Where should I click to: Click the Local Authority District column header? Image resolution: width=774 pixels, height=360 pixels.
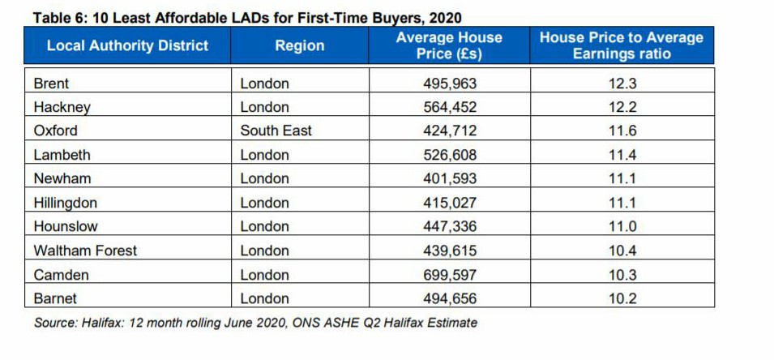[x=127, y=46]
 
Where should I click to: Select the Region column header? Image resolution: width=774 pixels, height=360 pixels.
[x=299, y=46]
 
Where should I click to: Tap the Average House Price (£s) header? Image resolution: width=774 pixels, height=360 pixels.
[x=449, y=46]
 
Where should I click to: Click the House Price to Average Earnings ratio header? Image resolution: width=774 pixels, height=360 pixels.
[x=622, y=46]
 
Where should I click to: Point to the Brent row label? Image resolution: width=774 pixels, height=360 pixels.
[x=51, y=84]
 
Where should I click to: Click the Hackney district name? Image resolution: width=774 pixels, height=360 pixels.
[x=62, y=107]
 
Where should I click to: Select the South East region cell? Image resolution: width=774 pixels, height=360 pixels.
[x=276, y=131]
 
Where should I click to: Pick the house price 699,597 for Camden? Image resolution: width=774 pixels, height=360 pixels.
[x=450, y=275]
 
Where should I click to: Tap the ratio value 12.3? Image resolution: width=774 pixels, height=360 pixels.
[x=622, y=84]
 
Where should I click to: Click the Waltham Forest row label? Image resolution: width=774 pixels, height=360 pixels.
[x=85, y=251]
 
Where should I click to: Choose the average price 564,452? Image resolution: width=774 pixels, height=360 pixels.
[x=450, y=107]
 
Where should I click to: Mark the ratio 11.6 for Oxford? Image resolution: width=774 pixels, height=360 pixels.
[x=622, y=131]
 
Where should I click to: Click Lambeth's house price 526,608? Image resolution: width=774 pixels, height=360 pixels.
[x=450, y=155]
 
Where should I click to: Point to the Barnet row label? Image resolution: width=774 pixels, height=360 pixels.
[x=55, y=298]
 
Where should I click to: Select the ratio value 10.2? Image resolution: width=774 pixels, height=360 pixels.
[x=622, y=298]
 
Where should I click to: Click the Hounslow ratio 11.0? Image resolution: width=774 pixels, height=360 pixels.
[x=622, y=226]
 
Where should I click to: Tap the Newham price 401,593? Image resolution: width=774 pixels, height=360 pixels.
[x=450, y=178]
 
